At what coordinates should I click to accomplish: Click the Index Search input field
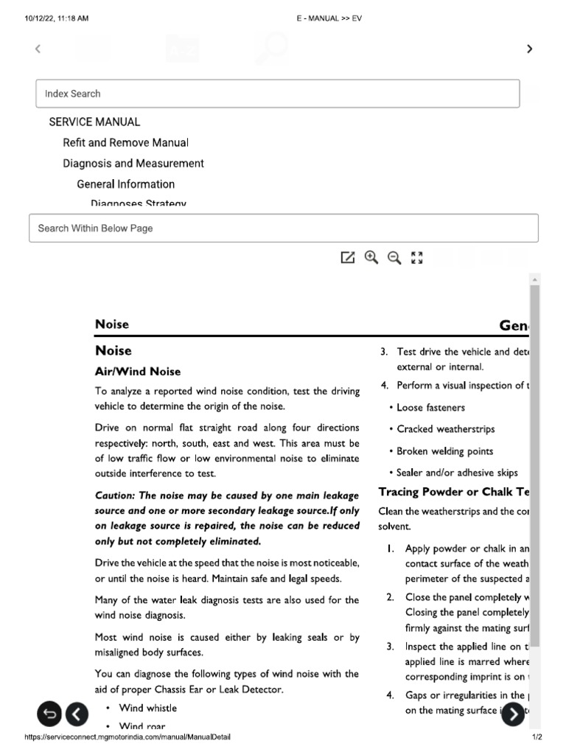point(277,94)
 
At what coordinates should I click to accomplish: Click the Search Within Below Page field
point(283,229)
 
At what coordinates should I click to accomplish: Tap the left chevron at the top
point(38,49)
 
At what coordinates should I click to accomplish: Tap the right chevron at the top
point(528,49)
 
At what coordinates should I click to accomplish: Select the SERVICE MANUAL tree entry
point(94,122)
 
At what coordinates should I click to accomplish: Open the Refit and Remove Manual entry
point(125,143)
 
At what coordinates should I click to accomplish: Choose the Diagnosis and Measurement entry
point(133,164)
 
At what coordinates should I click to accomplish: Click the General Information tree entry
point(125,184)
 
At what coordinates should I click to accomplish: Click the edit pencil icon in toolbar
point(347,257)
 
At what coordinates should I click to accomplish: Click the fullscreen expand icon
point(417,257)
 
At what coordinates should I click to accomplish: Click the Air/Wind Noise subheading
point(138,372)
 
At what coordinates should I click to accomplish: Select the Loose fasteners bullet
point(430,408)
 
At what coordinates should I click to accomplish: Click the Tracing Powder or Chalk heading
point(453,492)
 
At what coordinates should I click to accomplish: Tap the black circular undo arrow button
point(49,713)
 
